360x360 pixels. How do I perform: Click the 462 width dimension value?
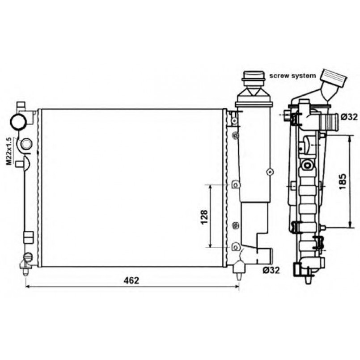pyautogui.click(x=131, y=280)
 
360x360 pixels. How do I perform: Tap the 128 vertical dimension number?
pyautogui.click(x=204, y=217)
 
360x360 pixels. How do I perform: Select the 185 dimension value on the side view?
pyautogui.click(x=342, y=182)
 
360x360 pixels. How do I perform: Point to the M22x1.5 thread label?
pyautogui.click(x=9, y=151)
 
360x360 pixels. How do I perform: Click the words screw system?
pyautogui.click(x=293, y=76)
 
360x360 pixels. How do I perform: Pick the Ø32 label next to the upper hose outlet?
pyautogui.click(x=349, y=117)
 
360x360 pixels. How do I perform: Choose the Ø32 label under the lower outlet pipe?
pyautogui.click(x=271, y=271)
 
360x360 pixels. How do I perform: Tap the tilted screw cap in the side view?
pyautogui.click(x=333, y=78)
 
